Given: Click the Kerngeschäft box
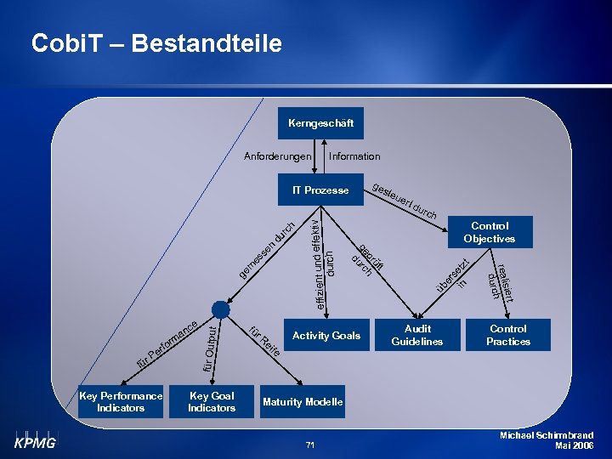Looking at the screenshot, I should (320, 123).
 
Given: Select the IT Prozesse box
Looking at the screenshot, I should (320, 190).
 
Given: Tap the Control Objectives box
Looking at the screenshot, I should (490, 232).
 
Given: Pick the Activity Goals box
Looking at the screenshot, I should (326, 336).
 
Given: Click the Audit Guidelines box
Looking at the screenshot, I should (417, 335).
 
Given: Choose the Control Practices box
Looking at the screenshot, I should (508, 335).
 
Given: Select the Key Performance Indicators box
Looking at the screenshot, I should (121, 402).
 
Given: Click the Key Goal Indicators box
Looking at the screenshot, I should (212, 402).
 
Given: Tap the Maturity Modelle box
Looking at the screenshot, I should (303, 402).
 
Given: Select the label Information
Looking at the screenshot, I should (354, 156).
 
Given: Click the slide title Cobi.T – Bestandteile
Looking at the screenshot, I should (156, 43).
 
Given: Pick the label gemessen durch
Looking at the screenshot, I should (266, 250).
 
